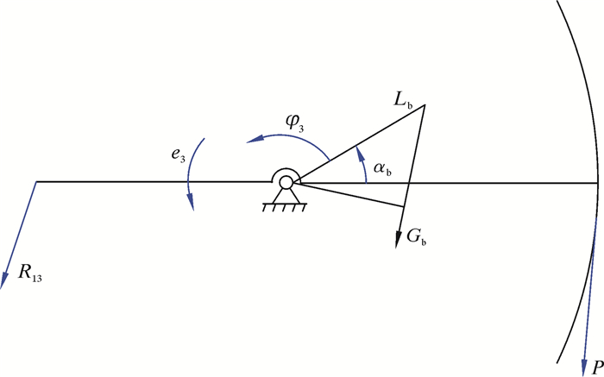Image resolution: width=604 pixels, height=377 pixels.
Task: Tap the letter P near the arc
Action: click(594, 365)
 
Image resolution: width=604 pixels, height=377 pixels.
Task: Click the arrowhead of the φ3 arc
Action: click(248, 141)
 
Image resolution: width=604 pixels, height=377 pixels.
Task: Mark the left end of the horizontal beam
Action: click(36, 182)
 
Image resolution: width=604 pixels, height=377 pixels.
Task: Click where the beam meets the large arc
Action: click(598, 182)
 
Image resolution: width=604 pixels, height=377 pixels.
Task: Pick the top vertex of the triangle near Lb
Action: click(425, 105)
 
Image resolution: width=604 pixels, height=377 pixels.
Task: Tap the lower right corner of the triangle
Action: click(405, 206)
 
